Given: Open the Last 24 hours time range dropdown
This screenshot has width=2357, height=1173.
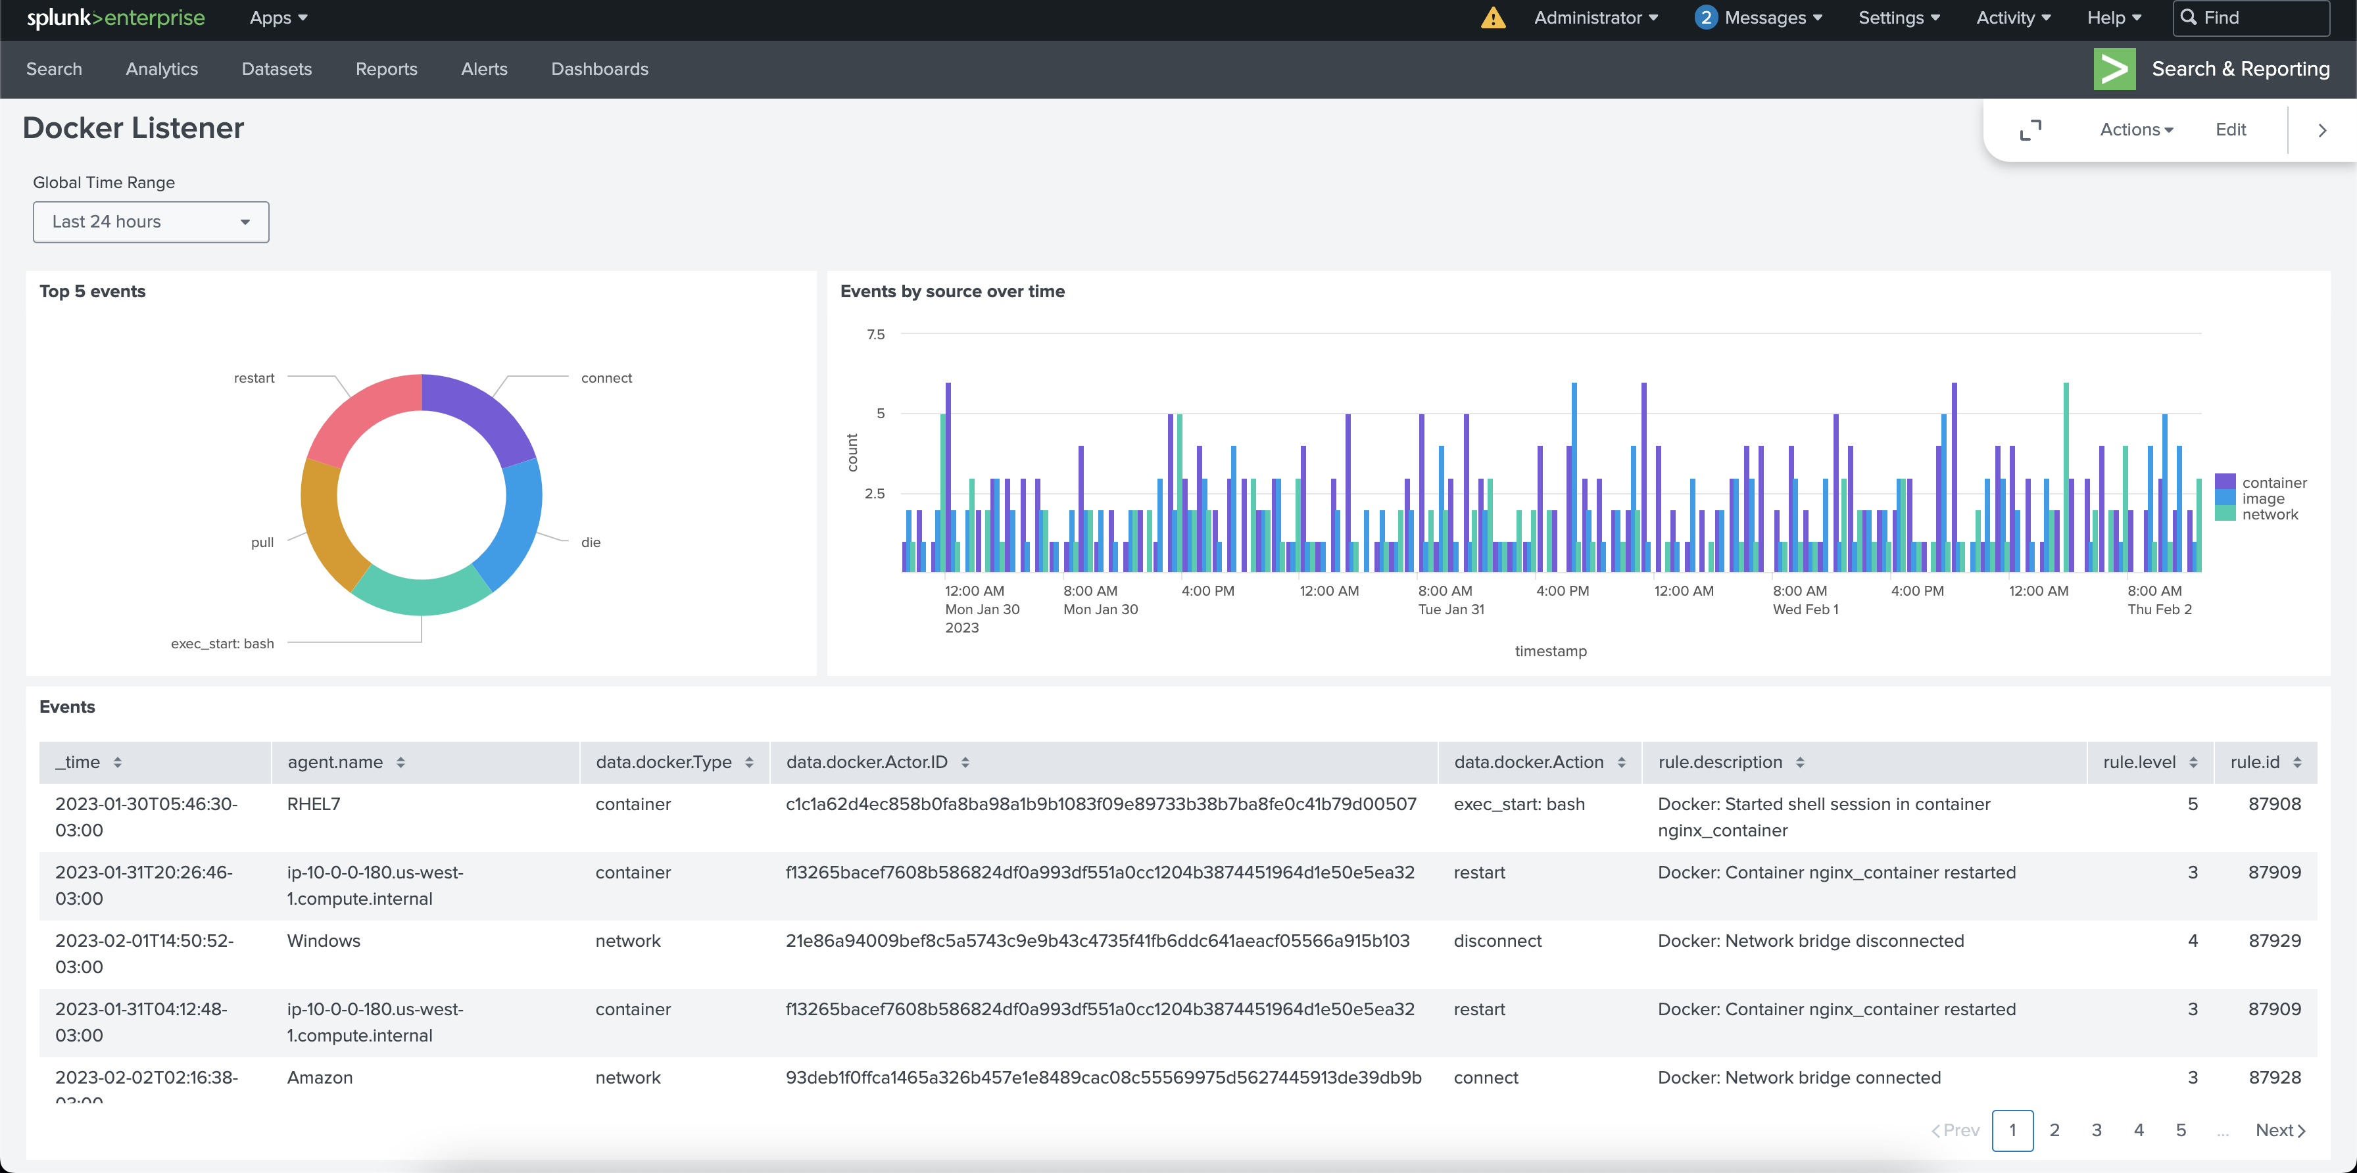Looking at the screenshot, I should (x=151, y=222).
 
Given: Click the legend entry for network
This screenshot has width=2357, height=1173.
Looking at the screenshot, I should (x=2269, y=515).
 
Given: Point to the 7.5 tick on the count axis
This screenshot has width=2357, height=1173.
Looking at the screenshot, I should (x=875, y=335).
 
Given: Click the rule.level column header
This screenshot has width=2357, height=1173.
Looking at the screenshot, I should (x=2139, y=762).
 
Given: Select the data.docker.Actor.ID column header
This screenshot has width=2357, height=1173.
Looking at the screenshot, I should (x=867, y=762).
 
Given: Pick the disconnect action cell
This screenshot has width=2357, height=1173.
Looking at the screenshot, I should (x=1497, y=941).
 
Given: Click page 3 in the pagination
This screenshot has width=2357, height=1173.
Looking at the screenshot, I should (x=2096, y=1130).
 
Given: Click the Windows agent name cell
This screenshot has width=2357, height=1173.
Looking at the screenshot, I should (x=324, y=941).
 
